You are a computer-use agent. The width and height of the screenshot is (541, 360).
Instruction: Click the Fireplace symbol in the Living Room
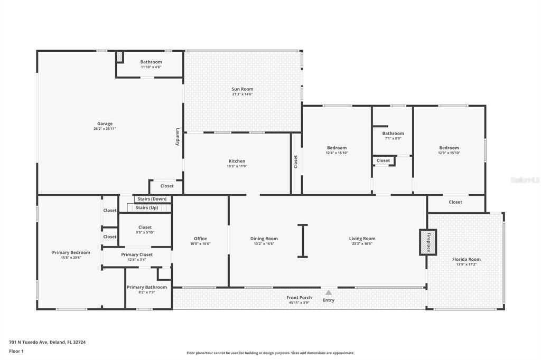pyautogui.click(x=428, y=242)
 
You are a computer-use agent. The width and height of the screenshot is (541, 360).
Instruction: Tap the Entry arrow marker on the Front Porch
pyautogui.click(x=329, y=292)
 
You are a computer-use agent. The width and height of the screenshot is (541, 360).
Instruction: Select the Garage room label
pyautogui.click(x=105, y=124)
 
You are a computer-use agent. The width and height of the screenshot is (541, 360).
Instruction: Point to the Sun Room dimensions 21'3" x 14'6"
pyautogui.click(x=242, y=94)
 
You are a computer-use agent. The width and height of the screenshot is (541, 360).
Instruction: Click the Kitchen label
pyautogui.click(x=237, y=161)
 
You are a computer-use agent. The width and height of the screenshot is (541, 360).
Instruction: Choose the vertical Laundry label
pyautogui.click(x=178, y=137)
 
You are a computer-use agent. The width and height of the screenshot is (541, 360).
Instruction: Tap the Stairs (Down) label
pyautogui.click(x=152, y=199)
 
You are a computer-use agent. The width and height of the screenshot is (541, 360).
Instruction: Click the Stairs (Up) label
pyautogui.click(x=147, y=207)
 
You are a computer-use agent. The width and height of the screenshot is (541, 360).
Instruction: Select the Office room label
pyautogui.click(x=200, y=239)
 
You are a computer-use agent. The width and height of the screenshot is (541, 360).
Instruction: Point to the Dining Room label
pyautogui.click(x=264, y=239)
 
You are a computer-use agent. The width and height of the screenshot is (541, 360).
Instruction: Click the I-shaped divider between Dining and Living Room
pyautogui.click(x=302, y=241)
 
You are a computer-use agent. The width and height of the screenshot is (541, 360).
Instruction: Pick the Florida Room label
pyautogui.click(x=467, y=259)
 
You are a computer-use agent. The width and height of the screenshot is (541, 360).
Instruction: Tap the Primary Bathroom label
pyautogui.click(x=147, y=287)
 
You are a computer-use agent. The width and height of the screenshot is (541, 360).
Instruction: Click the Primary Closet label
pyautogui.click(x=137, y=254)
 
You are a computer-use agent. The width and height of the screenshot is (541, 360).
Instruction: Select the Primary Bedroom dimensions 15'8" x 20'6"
pyautogui.click(x=71, y=258)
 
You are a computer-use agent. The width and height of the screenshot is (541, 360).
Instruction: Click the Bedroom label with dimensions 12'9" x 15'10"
pyautogui.click(x=449, y=148)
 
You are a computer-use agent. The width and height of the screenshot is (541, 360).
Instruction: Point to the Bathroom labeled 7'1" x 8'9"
pyautogui.click(x=393, y=134)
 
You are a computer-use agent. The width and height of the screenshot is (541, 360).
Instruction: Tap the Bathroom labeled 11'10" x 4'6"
pyautogui.click(x=151, y=62)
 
